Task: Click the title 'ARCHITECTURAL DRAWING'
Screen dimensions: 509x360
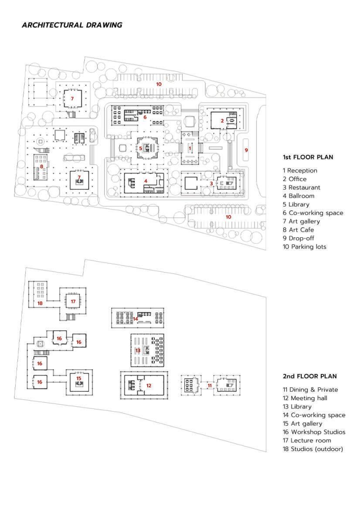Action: click(72, 25)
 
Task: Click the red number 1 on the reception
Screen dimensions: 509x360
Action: click(190, 148)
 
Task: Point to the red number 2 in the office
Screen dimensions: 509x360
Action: click(222, 121)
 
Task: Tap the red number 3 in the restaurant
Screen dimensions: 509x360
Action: click(211, 183)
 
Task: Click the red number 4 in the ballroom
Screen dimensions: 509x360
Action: click(146, 181)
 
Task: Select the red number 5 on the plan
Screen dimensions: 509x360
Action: click(140, 148)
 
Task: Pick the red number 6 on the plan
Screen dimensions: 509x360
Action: click(145, 117)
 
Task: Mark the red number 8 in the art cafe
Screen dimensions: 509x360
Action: click(41, 166)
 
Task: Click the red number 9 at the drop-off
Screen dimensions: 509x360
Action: click(246, 150)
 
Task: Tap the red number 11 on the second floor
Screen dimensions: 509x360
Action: click(209, 385)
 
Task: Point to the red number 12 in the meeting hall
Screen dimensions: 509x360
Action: click(149, 385)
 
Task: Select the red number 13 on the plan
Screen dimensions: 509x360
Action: click(138, 350)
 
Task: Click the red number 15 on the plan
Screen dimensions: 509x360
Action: click(79, 378)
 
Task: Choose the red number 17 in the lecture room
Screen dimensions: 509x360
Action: click(73, 301)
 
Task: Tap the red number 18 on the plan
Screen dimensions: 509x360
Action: click(40, 303)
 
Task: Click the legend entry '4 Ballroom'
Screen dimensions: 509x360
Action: click(298, 196)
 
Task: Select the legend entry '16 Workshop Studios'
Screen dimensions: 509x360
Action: click(314, 432)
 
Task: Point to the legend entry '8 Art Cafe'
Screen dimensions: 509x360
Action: click(298, 230)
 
